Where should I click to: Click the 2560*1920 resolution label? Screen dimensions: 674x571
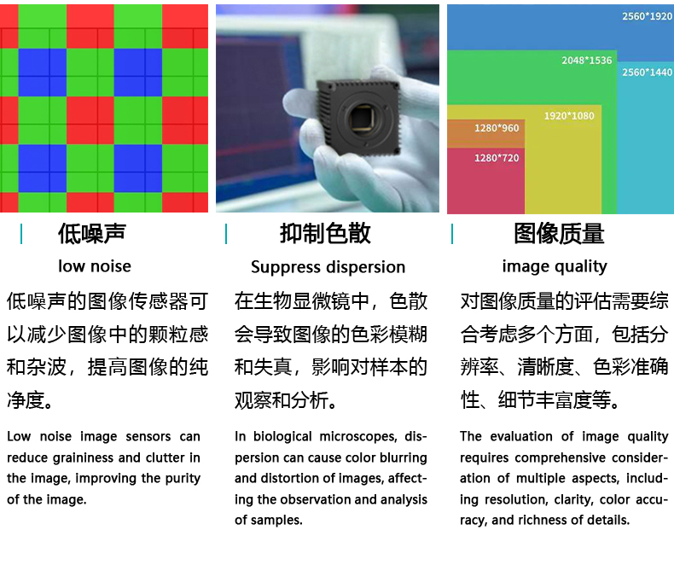point(647,16)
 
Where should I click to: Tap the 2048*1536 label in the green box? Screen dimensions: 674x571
point(586,61)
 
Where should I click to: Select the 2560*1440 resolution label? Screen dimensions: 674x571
point(647,73)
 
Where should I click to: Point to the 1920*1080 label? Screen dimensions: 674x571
point(569,116)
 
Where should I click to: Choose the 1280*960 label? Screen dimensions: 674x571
point(497,128)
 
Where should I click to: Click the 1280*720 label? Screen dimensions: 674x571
point(497,158)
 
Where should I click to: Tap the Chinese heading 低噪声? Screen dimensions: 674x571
point(92,234)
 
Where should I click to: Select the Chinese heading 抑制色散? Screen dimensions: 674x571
point(325,234)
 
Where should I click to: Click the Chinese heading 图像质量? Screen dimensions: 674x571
point(559,234)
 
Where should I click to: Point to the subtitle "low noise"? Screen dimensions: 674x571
point(95,266)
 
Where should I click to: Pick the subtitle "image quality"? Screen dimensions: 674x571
point(555,267)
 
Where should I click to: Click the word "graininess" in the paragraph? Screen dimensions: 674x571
point(84,458)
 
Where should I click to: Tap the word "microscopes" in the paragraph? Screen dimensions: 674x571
point(358,437)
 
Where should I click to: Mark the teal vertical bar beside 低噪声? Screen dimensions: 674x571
point(21,234)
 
